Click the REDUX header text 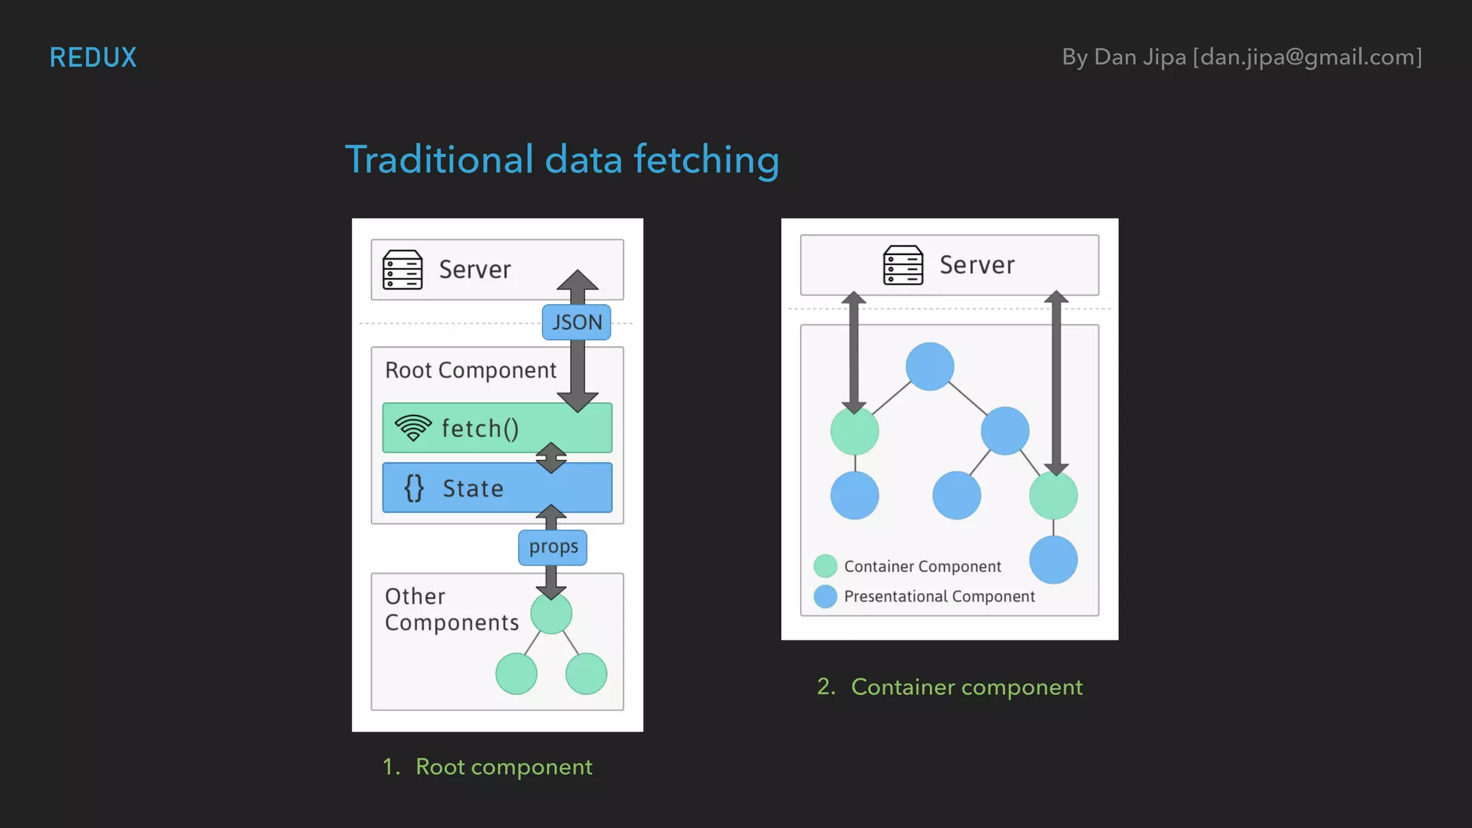[x=93, y=57]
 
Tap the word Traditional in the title [x=439, y=160]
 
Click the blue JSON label [x=576, y=322]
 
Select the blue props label [x=553, y=547]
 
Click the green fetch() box [x=497, y=428]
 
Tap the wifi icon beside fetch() [x=413, y=428]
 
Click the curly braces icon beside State [x=413, y=488]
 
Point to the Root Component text [x=471, y=370]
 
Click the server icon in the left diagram [x=402, y=270]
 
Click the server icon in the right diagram [x=903, y=265]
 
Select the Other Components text [x=451, y=609]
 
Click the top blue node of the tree [x=929, y=367]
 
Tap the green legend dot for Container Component [x=825, y=566]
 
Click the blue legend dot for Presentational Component [x=825, y=596]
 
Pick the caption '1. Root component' [x=488, y=767]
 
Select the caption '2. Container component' [x=949, y=687]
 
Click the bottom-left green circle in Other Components [x=516, y=673]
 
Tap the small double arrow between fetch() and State [x=551, y=458]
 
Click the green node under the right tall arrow [x=1053, y=495]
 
